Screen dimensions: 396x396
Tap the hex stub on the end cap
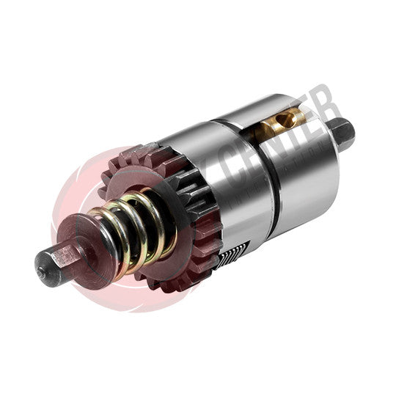[x=342, y=133]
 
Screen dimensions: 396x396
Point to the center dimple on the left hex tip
[x=45, y=261]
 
